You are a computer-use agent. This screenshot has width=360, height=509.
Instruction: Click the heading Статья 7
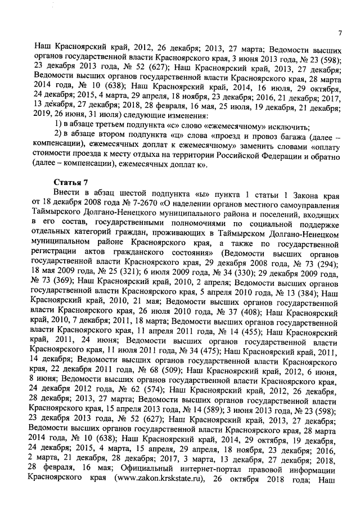(70, 183)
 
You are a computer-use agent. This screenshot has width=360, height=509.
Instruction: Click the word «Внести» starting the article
(66, 195)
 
